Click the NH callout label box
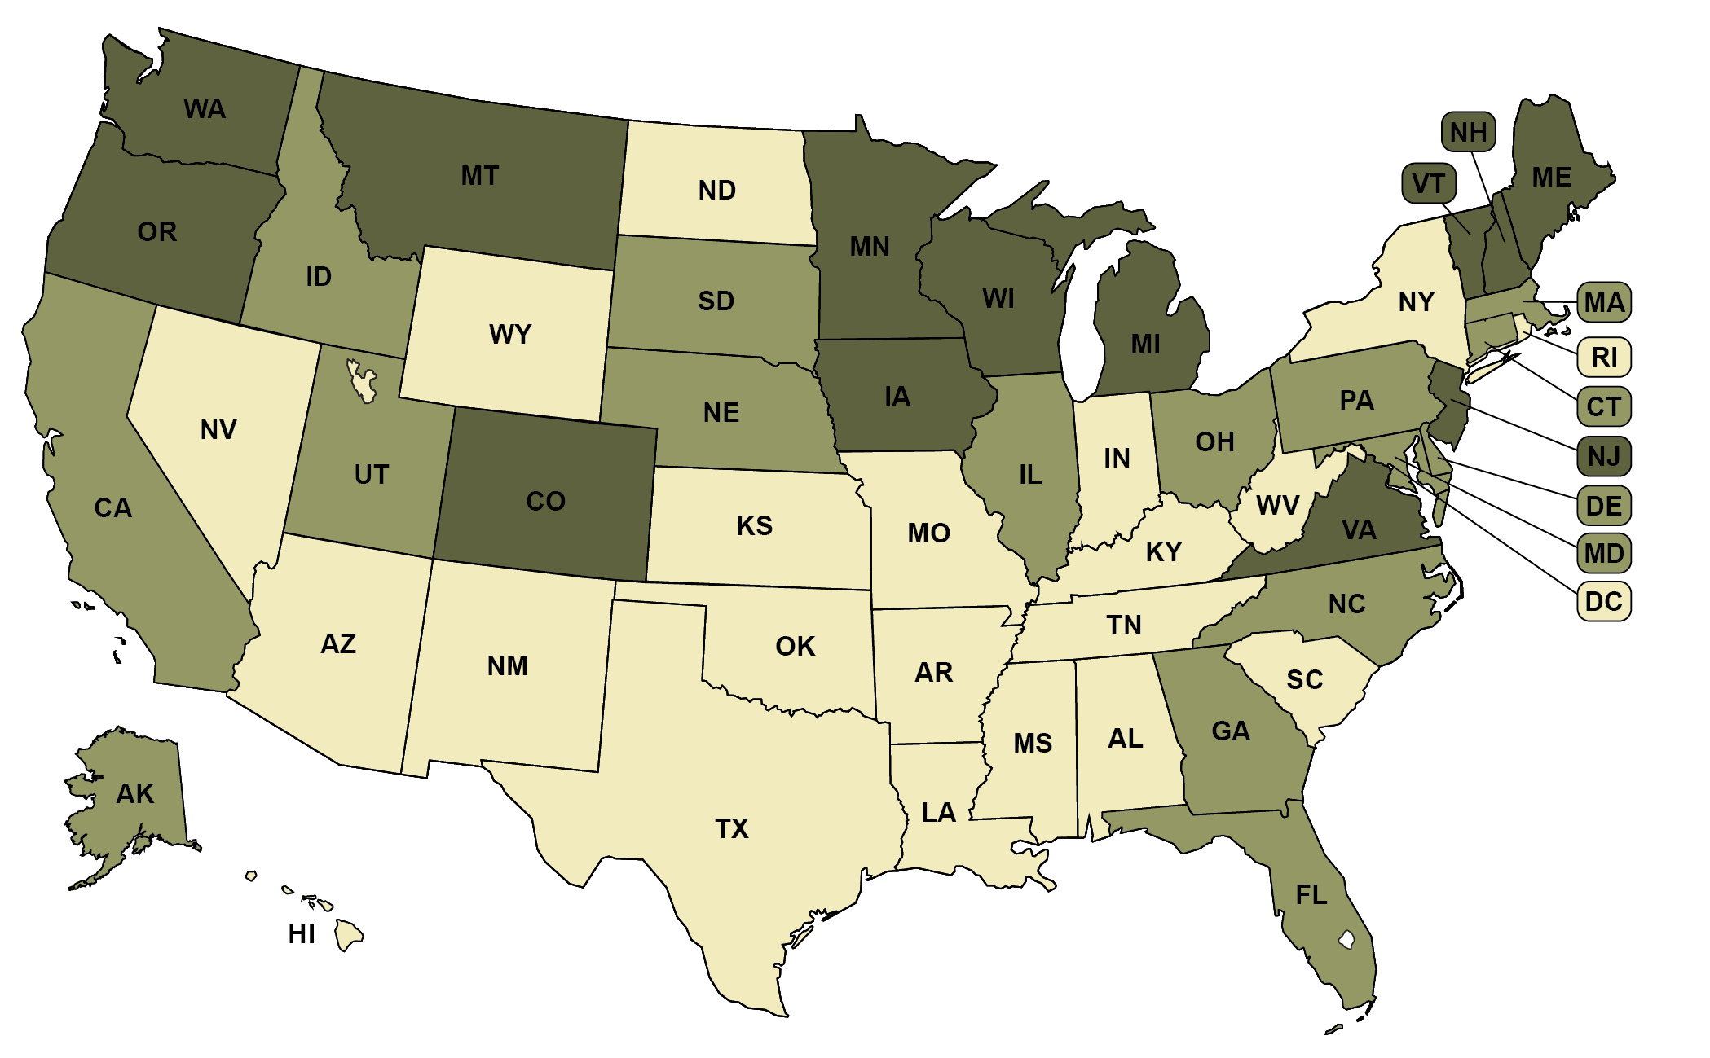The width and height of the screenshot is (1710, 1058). [1468, 132]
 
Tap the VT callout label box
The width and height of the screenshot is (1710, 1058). [1428, 183]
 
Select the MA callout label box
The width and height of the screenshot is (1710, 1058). [1603, 303]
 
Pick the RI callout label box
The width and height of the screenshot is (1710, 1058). [1603, 357]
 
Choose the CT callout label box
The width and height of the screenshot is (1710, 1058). [1603, 406]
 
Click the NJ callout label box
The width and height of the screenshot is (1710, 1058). [1603, 456]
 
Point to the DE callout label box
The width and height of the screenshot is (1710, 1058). [1603, 506]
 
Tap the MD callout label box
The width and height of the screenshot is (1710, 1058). [1603, 554]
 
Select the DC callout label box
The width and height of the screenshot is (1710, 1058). [1603, 602]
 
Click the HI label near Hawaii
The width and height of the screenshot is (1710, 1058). [301, 933]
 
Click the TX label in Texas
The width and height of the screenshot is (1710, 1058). [731, 828]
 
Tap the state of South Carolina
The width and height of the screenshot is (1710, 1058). [1304, 684]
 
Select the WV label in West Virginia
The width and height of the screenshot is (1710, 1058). [1277, 506]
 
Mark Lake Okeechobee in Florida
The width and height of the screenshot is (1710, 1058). [1346, 941]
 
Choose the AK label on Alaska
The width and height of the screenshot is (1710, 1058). [134, 793]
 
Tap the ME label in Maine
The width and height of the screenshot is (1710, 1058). [1551, 178]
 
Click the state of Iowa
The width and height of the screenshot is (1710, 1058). [897, 397]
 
